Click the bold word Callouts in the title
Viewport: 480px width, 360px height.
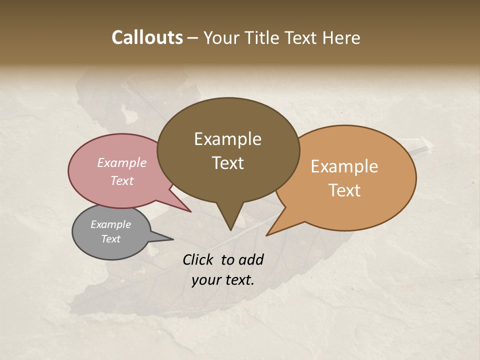(147, 37)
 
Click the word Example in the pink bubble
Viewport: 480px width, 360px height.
(122, 162)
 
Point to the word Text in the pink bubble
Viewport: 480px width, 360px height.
(122, 180)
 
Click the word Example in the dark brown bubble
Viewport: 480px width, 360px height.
(227, 139)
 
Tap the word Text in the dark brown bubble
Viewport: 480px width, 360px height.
(227, 163)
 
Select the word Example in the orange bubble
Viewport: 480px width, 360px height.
(344, 166)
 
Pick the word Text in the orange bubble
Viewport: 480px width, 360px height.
(344, 190)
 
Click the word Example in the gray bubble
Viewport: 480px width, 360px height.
(110, 224)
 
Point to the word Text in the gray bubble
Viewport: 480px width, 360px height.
(110, 239)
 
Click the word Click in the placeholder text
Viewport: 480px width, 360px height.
(198, 259)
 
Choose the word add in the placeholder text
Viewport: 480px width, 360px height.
(251, 259)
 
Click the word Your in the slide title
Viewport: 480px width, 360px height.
(220, 37)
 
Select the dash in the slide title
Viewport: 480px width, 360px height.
(193, 37)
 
